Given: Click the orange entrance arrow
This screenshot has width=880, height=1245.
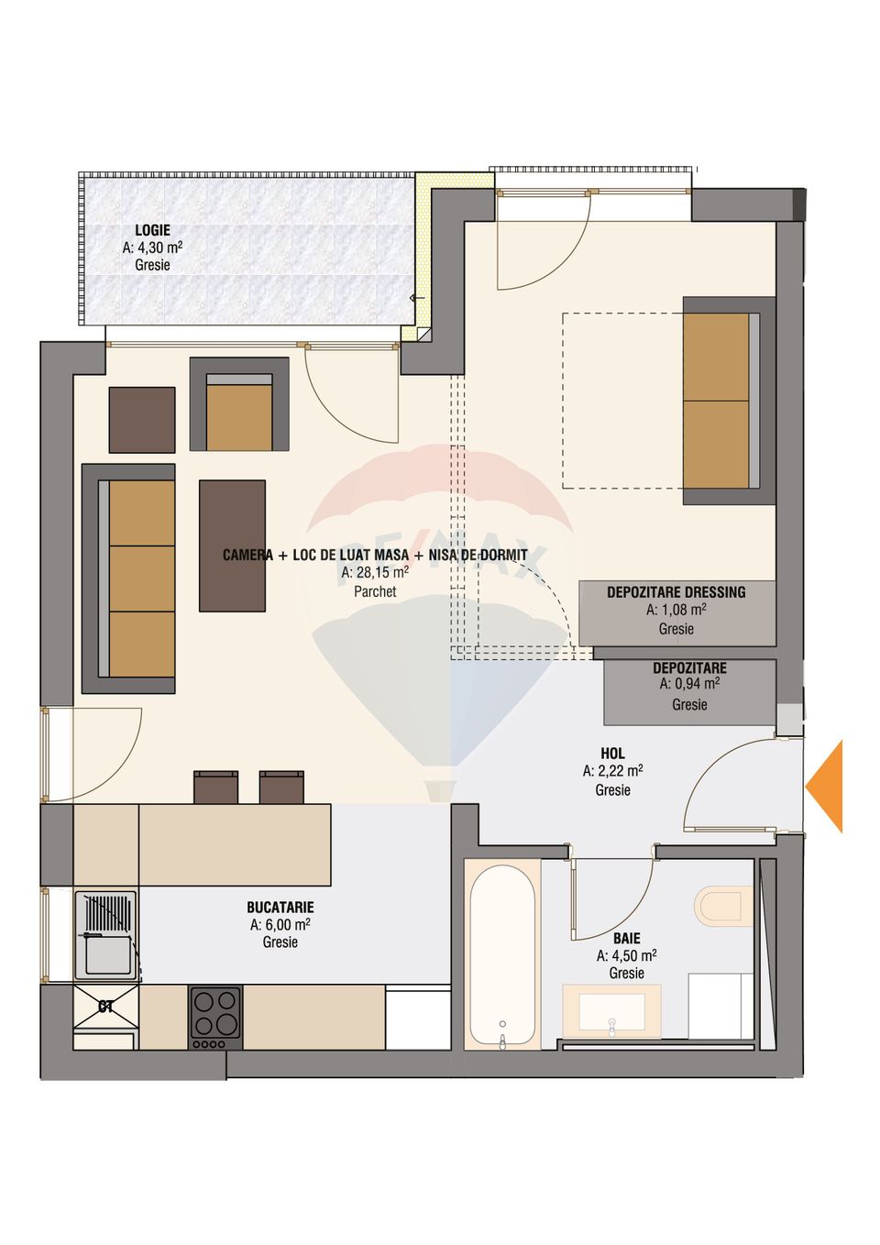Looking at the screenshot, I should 826,787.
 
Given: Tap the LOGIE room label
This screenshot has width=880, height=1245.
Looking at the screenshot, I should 152,230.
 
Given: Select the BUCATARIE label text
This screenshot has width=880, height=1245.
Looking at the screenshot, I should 280,908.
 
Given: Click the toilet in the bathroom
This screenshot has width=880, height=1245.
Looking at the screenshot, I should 723,904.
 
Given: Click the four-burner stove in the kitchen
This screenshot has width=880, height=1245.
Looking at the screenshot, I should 215,1017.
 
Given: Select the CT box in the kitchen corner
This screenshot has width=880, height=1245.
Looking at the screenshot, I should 105,1007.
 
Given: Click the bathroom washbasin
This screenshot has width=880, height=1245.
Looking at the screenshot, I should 611,1011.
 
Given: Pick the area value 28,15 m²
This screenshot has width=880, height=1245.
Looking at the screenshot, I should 375,573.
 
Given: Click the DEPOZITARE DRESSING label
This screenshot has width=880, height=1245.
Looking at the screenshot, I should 676,592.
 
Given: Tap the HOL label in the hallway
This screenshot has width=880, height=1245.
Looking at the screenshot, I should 612,754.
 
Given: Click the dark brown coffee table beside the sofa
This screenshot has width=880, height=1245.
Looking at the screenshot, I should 233,545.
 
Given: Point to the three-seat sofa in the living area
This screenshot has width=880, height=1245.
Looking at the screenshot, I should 130,578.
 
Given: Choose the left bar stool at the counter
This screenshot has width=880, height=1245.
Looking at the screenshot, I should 215,788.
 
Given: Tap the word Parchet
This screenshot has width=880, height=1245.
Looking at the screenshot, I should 375,592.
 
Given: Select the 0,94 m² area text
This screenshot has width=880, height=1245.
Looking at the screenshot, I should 689,684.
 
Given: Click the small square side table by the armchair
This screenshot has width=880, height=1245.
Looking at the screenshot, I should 142,420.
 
